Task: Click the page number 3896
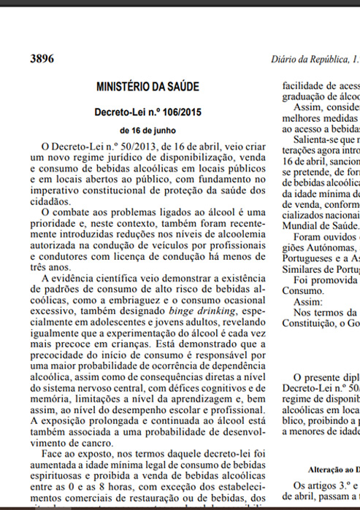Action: (42, 58)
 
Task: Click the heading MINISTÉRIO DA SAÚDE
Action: (147, 87)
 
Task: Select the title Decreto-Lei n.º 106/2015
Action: (148, 112)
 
